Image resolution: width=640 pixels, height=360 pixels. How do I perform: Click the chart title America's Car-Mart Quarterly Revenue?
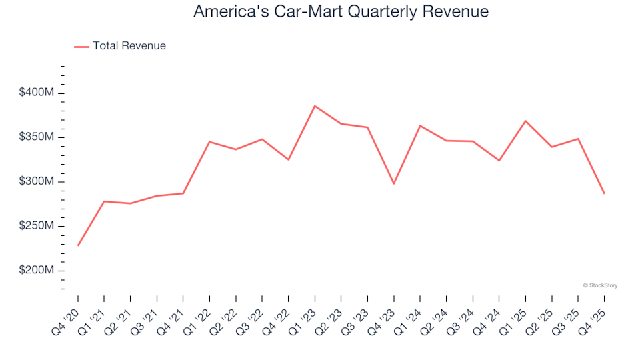pos(341,11)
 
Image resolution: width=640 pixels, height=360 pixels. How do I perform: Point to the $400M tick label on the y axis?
pos(37,93)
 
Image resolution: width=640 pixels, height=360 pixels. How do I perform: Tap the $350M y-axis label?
pos(37,137)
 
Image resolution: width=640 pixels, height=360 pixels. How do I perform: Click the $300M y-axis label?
pos(37,182)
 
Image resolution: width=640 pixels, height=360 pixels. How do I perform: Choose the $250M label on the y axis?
pos(37,227)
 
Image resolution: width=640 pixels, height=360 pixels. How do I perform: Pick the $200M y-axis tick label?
pos(37,271)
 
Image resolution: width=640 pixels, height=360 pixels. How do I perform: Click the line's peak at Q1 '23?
pos(315,106)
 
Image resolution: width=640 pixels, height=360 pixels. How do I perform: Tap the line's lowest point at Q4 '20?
pos(78,245)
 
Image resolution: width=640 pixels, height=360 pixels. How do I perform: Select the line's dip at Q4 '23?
pos(394,183)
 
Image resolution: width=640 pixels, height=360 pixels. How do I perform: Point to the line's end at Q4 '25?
pos(604,193)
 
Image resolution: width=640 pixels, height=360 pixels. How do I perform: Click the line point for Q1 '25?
pos(525,121)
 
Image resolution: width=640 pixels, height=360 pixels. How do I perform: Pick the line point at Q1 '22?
pos(209,141)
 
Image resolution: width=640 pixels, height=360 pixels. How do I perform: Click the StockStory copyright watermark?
pos(600,285)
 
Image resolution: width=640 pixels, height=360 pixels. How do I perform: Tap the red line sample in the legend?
pos(81,46)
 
